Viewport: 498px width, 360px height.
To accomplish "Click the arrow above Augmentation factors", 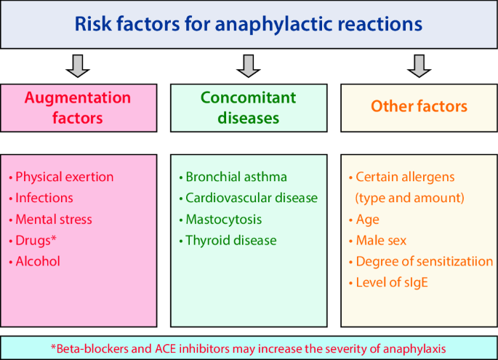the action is coord(78,66).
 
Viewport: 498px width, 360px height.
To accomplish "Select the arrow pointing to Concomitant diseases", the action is coord(249,66).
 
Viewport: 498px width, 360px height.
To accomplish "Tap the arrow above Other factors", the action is coord(419,66).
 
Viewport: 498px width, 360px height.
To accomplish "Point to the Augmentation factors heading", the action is coord(78,108).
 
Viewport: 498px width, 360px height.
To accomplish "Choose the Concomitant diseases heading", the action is coord(249,108).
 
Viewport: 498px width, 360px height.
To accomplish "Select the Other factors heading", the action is coord(419,106).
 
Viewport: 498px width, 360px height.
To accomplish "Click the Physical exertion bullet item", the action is coord(65,177).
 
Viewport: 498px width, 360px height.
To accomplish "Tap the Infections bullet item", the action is coord(44,198).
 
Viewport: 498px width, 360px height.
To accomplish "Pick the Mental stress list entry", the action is coord(54,219).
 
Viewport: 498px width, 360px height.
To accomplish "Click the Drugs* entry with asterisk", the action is coord(36,241).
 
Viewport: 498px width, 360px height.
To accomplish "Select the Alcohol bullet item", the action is coord(38,262).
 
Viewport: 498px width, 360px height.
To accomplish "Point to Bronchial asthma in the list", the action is coord(236,177).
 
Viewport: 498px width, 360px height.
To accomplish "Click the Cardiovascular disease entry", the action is coord(252,198).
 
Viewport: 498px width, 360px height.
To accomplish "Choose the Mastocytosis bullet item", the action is coord(224,219).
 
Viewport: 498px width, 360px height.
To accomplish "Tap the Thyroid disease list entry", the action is coord(231,241).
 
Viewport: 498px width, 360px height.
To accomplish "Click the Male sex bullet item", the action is coord(381,241).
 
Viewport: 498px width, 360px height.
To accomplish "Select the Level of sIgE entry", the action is coord(392,282).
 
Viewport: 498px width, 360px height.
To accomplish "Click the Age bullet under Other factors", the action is coord(367,220).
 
